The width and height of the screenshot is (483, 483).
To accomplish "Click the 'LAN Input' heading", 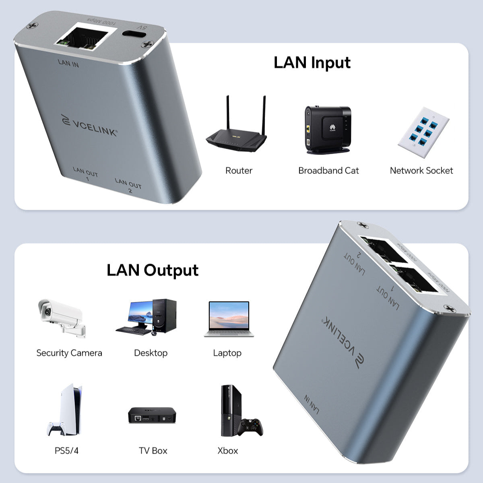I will (x=312, y=63).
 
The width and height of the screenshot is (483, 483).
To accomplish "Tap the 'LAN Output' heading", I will (x=153, y=270).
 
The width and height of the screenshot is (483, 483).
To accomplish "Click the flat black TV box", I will (x=153, y=415).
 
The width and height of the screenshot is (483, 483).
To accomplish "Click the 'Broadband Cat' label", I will (x=328, y=171).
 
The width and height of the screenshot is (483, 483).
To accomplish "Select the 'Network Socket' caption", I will (x=421, y=171).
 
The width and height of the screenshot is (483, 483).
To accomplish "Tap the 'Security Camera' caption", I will (x=69, y=353).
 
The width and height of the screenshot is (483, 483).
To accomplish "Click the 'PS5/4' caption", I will (x=66, y=450).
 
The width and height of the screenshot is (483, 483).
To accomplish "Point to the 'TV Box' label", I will (x=153, y=450).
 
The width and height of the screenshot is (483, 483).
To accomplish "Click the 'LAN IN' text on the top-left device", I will (x=68, y=63).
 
